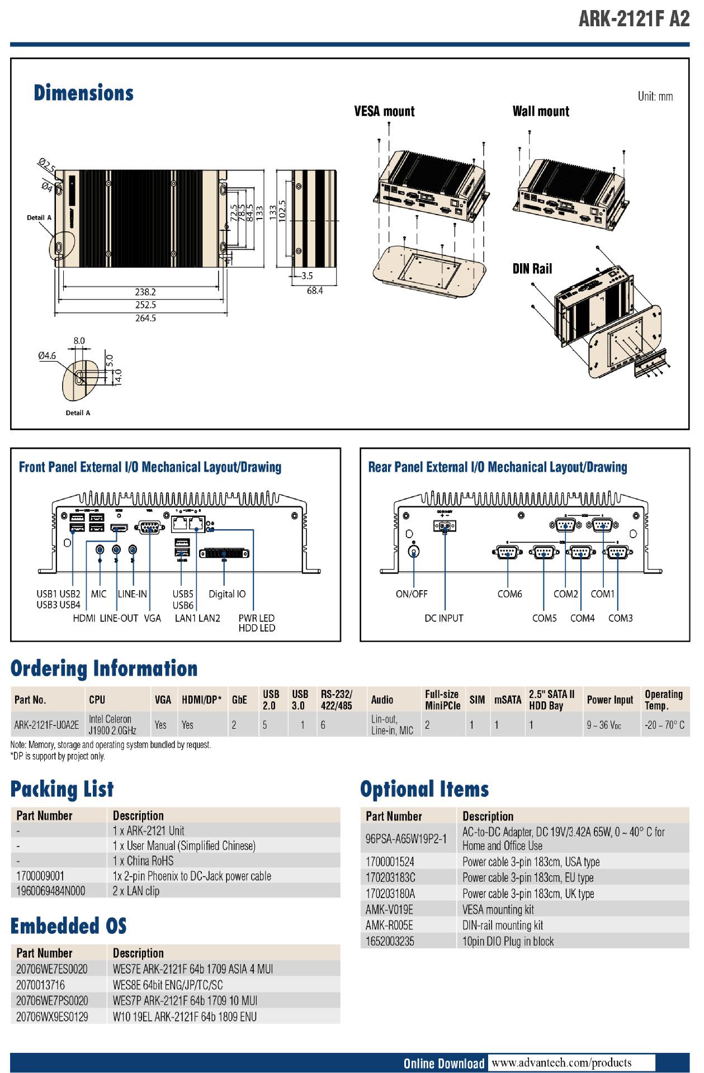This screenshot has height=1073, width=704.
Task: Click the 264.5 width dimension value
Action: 145,318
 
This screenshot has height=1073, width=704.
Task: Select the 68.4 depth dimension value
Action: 314,291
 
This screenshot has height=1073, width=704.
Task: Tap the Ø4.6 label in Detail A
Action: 47,355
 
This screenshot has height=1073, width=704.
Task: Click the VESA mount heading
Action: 384,111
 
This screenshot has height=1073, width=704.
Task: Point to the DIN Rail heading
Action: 532,269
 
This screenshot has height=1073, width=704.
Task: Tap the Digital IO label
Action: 227,594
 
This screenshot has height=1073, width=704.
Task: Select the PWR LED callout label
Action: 257,618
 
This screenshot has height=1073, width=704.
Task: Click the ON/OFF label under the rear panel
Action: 412,594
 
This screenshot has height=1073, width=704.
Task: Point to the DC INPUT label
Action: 444,618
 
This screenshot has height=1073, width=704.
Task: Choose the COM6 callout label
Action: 509,594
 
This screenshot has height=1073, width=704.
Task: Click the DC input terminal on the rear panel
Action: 445,526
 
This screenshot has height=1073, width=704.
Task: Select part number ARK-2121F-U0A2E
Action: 46,725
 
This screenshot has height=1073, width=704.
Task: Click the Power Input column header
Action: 610,700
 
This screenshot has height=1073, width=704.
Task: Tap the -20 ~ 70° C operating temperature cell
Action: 664,725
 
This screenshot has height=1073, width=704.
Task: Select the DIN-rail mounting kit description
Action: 503,925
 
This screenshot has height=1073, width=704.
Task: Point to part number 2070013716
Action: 40,985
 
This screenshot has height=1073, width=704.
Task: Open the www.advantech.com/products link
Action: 561,1062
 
